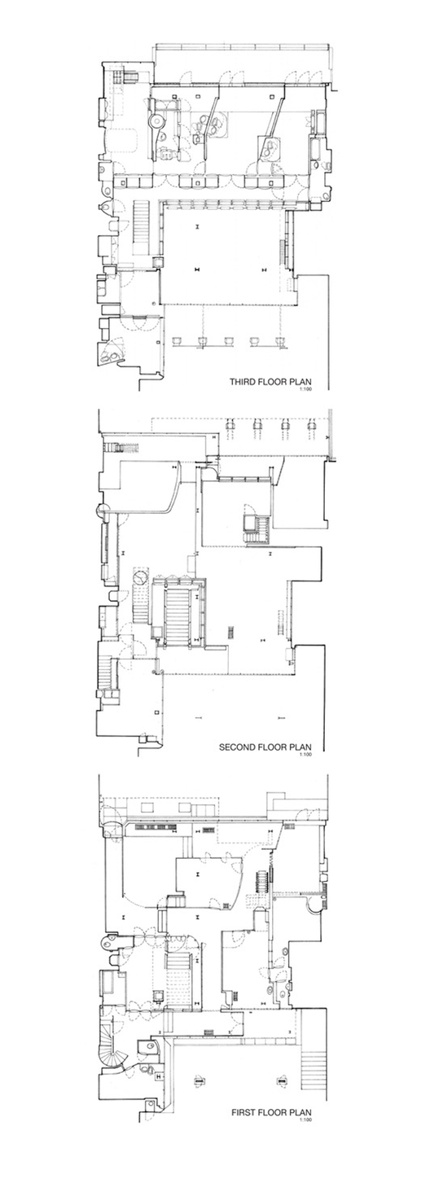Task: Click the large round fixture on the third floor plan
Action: (154, 121)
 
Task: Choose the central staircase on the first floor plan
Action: (178, 976)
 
